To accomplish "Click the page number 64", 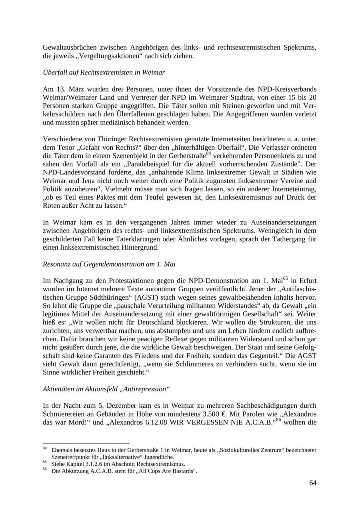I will (x=312, y=483).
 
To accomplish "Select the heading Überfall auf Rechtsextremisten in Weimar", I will (x=104, y=72).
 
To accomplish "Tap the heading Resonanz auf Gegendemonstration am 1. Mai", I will (x=109, y=264).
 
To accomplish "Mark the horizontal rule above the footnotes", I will (x=86, y=443).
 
